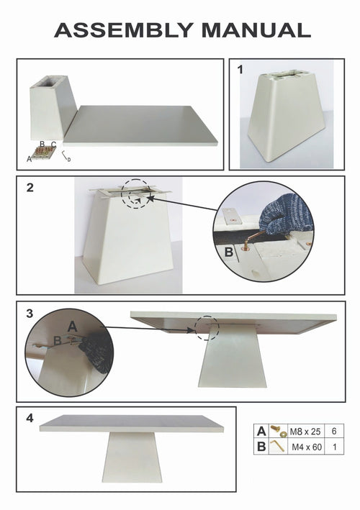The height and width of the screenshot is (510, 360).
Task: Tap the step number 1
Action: pos(241,70)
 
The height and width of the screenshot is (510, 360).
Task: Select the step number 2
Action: pos(30,188)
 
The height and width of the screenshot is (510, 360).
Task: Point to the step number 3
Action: pos(29,313)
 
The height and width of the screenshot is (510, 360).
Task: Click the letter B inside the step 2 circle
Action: pos(229,252)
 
